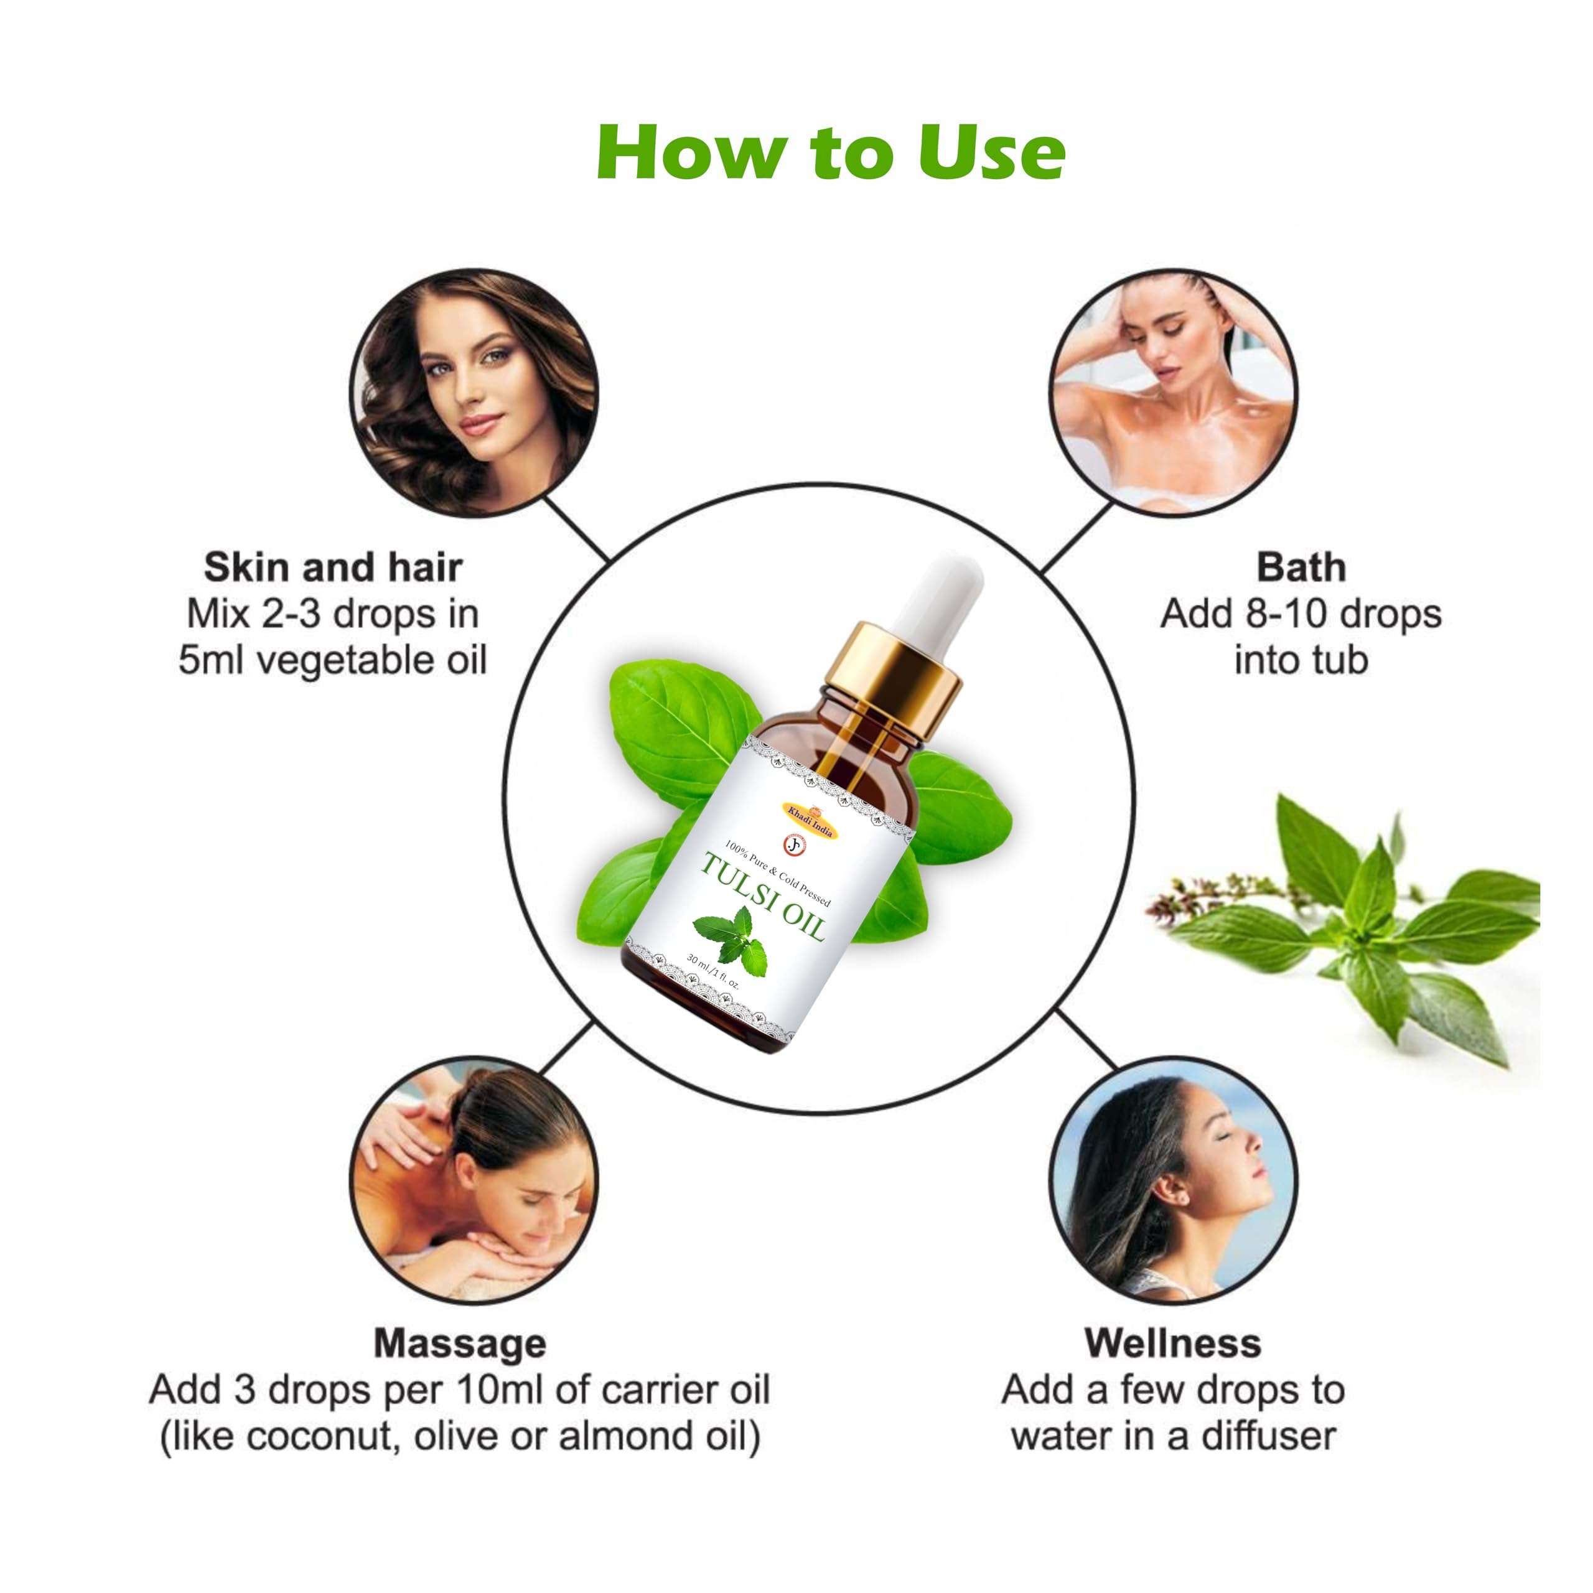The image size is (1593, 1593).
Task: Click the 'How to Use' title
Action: pos(830,152)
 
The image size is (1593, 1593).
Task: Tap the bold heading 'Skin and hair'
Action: pos(333,568)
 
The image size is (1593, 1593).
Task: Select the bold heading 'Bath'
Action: pos(1301,568)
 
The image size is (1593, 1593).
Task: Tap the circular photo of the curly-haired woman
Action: pos(474,394)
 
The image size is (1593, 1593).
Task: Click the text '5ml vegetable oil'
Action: pos(333,660)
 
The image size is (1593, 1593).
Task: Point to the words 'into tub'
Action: pos(1301,660)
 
